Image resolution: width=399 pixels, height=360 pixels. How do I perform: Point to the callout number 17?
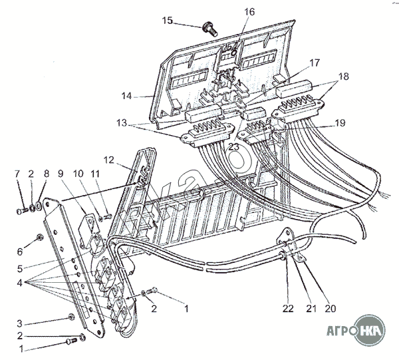pos(314,63)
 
